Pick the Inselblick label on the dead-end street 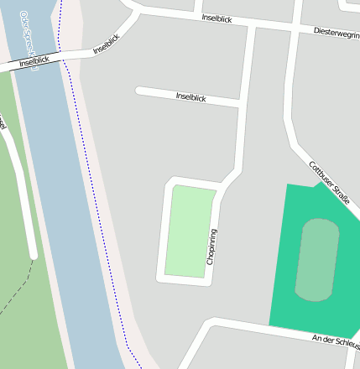(x=190, y=97)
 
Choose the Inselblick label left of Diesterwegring (x=217, y=18)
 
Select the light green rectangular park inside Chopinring (x=189, y=231)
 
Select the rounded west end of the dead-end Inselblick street (x=140, y=90)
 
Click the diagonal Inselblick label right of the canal (x=107, y=44)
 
